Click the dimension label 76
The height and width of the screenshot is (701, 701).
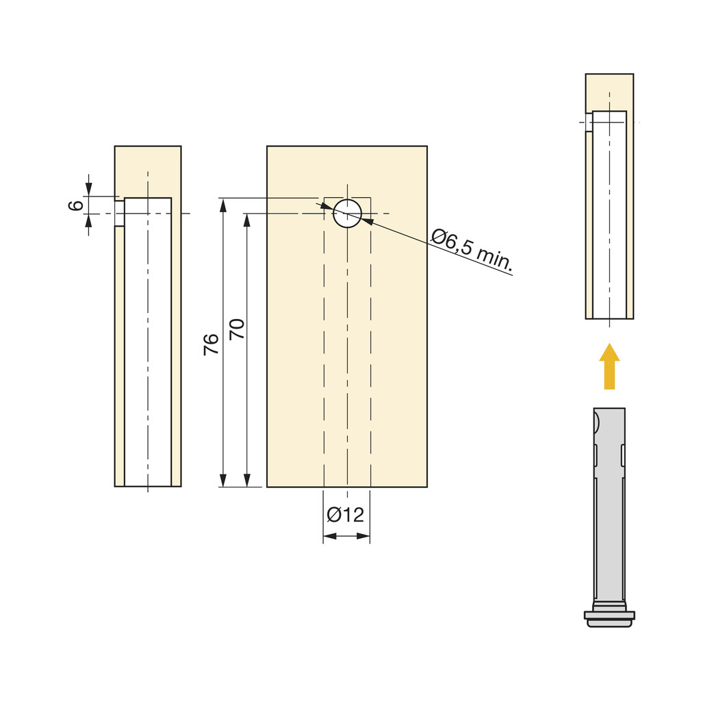212,343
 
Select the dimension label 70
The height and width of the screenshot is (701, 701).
237,329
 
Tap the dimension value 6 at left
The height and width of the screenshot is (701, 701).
76,205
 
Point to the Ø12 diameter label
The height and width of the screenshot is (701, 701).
346,515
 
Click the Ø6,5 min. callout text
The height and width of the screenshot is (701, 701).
472,250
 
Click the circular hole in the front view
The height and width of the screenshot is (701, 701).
347,214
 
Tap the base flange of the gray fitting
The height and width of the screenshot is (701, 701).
609,615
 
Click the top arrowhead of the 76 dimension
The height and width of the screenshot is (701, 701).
222,205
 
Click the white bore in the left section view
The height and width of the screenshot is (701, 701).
148,342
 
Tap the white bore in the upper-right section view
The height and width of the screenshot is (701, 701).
609,219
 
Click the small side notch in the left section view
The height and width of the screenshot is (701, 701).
119,213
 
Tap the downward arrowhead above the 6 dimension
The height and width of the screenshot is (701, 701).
88,189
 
